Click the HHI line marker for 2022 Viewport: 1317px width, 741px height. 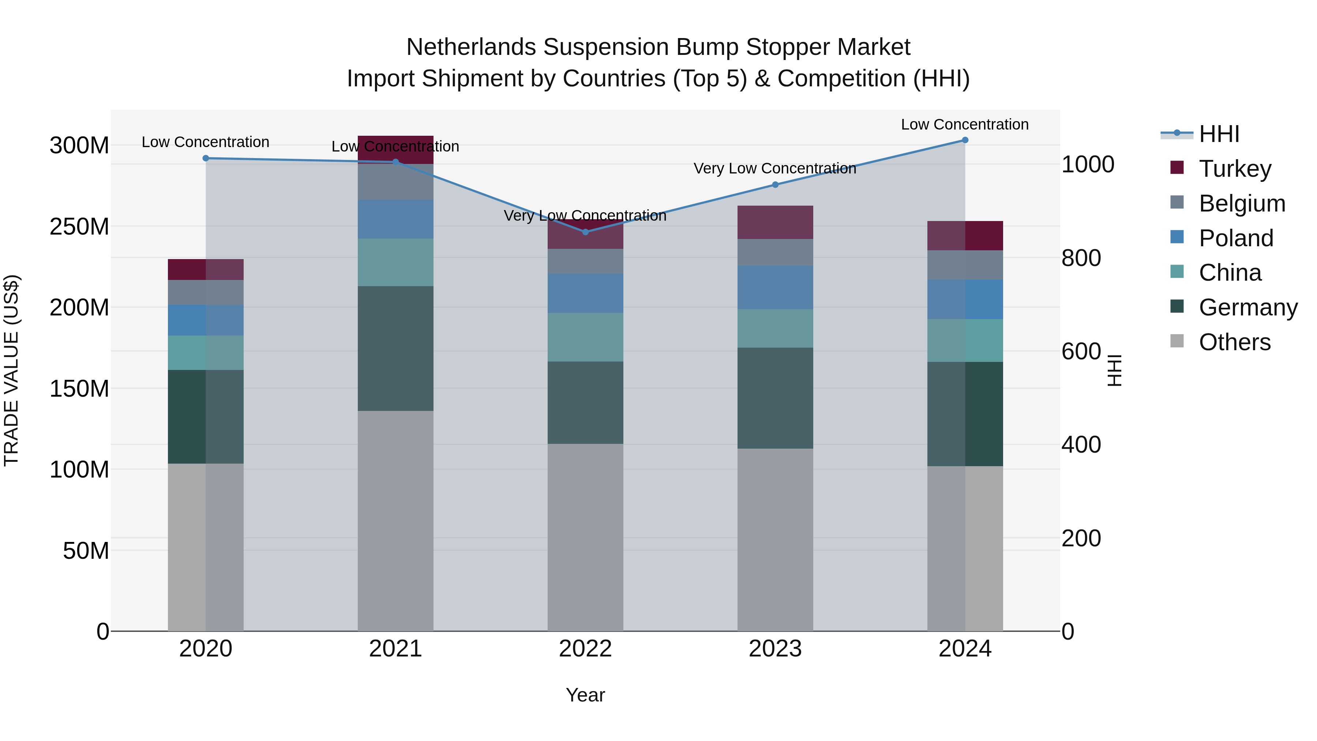pyautogui.click(x=585, y=232)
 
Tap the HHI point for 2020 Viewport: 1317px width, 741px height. pyautogui.click(x=206, y=158)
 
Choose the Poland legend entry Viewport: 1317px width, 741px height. pyautogui.click(x=1236, y=238)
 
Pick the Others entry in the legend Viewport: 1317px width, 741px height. pyautogui.click(x=1234, y=342)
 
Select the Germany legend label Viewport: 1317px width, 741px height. pyautogui.click(x=1248, y=307)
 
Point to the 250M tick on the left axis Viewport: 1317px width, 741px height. pyautogui.click(x=79, y=227)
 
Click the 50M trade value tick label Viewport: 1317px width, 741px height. pyautogui.click(x=86, y=551)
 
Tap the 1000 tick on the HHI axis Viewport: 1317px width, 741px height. pyautogui.click(x=1088, y=165)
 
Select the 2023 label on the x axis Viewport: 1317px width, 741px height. pyautogui.click(x=775, y=649)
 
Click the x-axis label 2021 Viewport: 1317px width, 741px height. pyautogui.click(x=395, y=649)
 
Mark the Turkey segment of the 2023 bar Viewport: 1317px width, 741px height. pyautogui.click(x=775, y=222)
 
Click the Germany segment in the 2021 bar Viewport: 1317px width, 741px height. pyautogui.click(x=395, y=348)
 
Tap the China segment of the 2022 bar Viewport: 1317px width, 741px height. pyautogui.click(x=585, y=337)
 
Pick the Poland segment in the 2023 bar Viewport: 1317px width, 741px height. pyautogui.click(x=775, y=287)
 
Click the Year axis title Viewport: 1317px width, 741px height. pyautogui.click(x=585, y=695)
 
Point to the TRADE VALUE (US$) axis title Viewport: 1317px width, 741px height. pyautogui.click(x=11, y=370)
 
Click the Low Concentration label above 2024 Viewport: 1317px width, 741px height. pyautogui.click(x=965, y=124)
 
